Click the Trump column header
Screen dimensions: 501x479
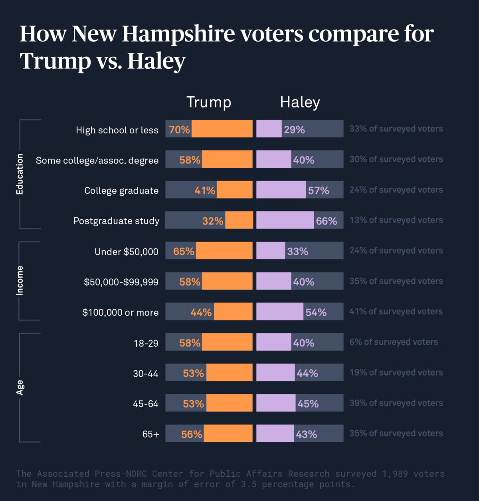click(x=209, y=102)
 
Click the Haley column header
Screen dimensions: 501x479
click(x=300, y=102)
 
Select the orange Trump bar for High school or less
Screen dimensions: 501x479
click(x=222, y=129)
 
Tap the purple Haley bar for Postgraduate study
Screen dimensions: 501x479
click(x=285, y=220)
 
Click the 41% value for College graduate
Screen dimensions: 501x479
click(x=205, y=191)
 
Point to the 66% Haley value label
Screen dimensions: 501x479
click(x=326, y=221)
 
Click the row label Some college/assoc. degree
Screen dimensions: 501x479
click(x=97, y=161)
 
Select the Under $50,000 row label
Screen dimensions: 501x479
click(x=126, y=252)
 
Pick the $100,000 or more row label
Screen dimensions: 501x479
click(x=120, y=312)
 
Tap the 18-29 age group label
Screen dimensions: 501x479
click(x=146, y=343)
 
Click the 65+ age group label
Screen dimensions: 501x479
click(x=150, y=434)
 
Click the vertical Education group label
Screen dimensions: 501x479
click(x=20, y=174)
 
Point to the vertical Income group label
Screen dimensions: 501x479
click(x=20, y=281)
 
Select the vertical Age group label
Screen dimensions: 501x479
click(x=20, y=388)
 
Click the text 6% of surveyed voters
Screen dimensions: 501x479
click(x=394, y=342)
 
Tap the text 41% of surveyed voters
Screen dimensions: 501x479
click(x=396, y=312)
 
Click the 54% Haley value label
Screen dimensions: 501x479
click(x=316, y=312)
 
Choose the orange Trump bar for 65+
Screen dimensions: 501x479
click(x=228, y=433)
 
